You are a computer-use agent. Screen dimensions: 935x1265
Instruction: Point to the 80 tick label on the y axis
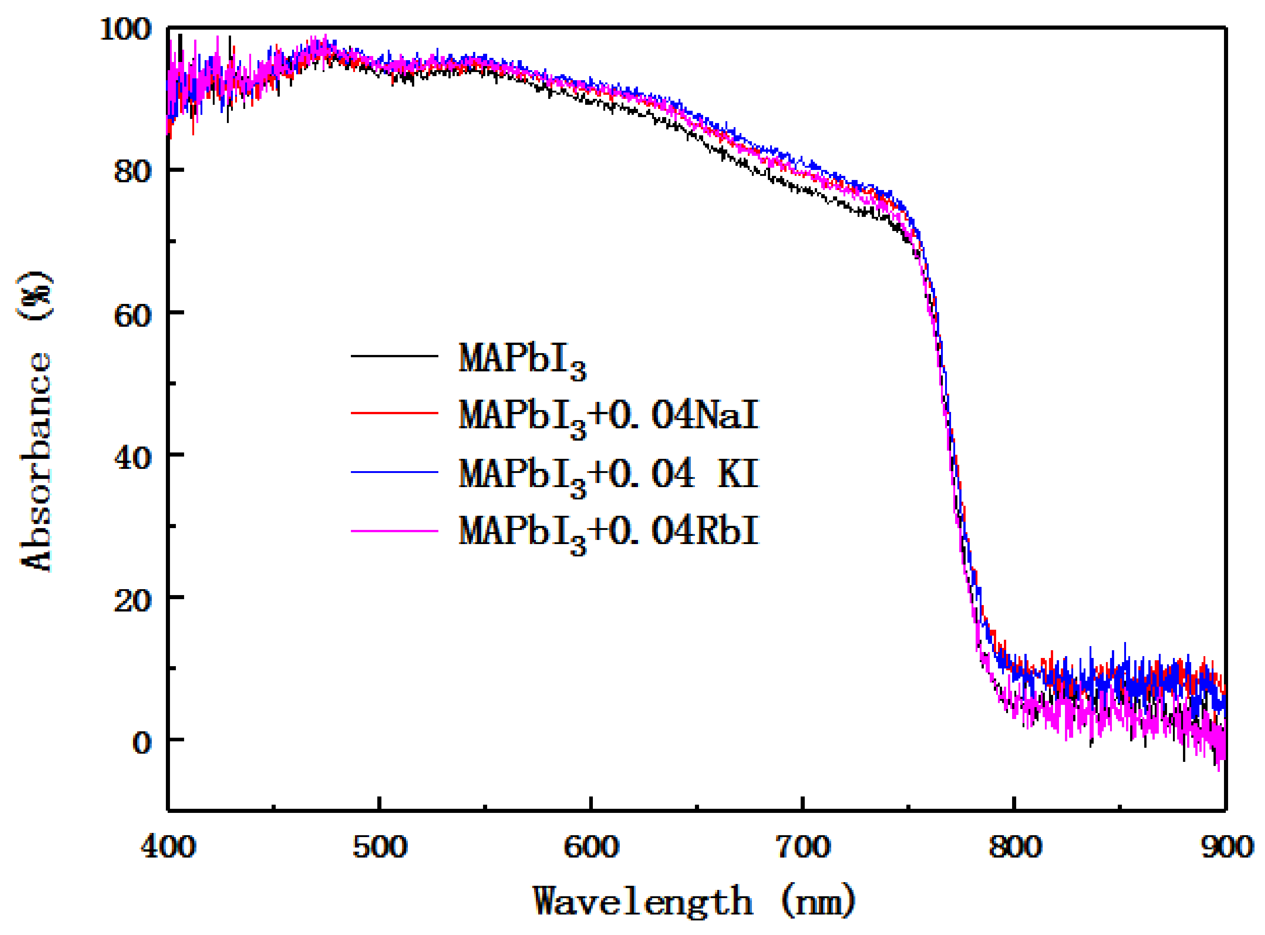[133, 170]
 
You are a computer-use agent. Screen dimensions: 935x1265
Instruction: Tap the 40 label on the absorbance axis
[133, 457]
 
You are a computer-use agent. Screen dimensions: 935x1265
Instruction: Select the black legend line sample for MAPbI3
[395, 356]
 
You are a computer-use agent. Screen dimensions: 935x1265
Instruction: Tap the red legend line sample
[395, 413]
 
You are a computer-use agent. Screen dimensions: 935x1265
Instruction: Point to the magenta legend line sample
[395, 531]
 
